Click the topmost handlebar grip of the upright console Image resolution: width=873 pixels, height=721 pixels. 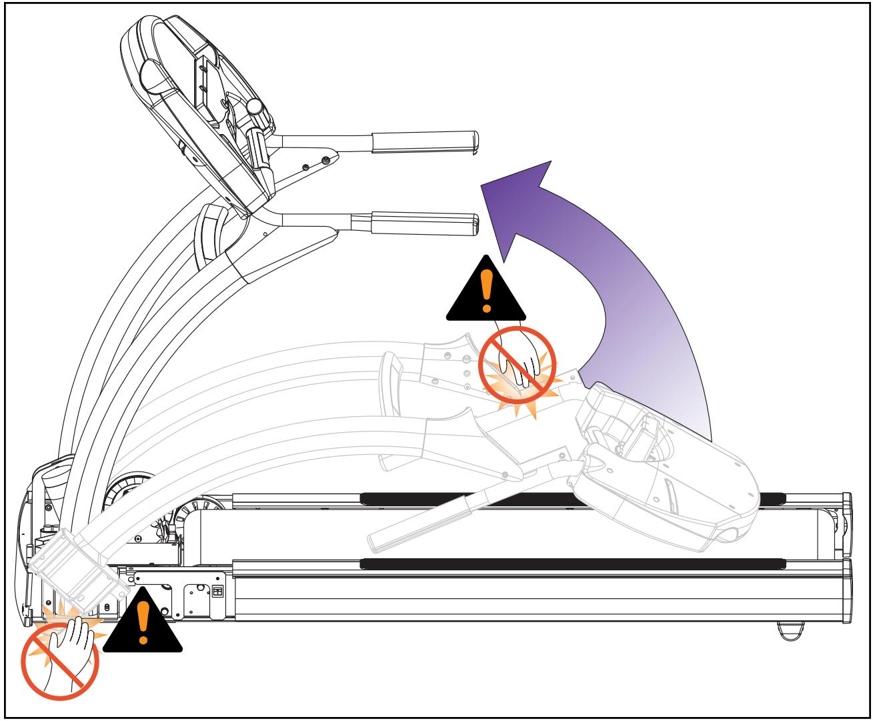click(x=425, y=141)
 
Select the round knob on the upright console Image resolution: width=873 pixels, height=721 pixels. click(x=254, y=106)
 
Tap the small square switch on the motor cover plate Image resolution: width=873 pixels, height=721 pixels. click(x=217, y=591)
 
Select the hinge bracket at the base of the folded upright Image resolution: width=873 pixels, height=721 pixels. click(x=77, y=567)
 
